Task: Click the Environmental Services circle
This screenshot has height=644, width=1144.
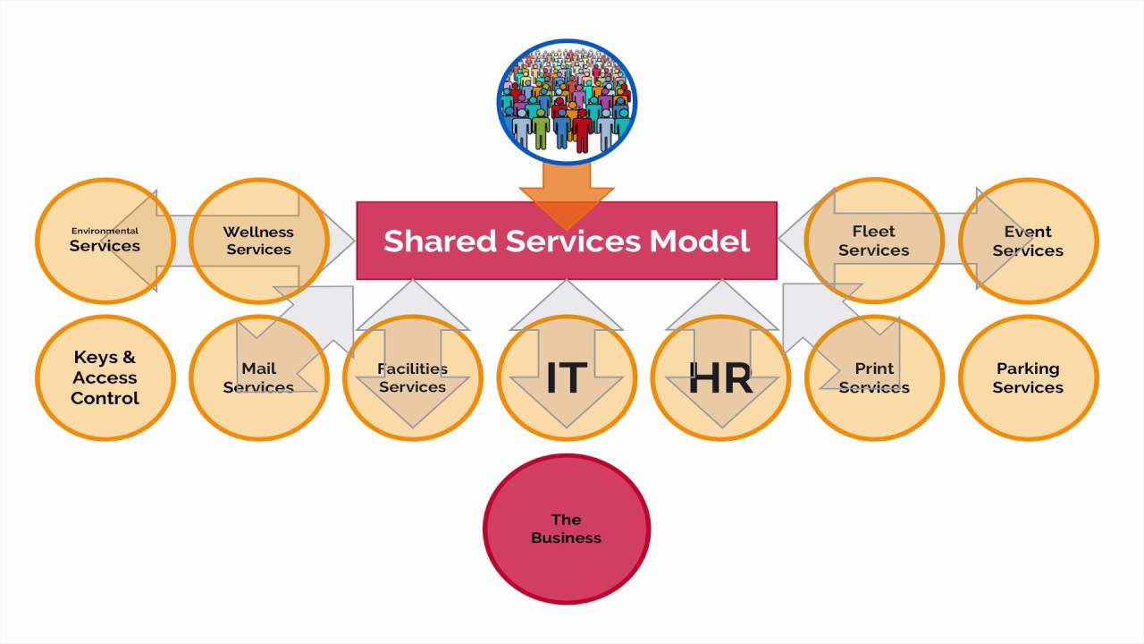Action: (x=105, y=241)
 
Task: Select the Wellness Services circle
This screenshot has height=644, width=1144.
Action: (x=258, y=241)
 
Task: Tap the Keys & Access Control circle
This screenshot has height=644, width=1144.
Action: (x=105, y=378)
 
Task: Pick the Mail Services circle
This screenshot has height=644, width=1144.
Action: (x=258, y=378)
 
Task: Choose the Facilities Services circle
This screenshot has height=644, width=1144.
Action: (x=412, y=378)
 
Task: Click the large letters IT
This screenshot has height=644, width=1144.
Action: (x=566, y=378)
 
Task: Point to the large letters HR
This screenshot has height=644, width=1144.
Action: (x=720, y=378)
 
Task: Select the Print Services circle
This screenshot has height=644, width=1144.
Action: (x=874, y=378)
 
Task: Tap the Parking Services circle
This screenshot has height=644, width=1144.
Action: (x=1028, y=378)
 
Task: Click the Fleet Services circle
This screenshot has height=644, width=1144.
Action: (x=874, y=241)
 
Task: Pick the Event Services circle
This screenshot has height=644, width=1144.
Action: (x=1028, y=241)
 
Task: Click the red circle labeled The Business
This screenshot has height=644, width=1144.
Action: (x=567, y=529)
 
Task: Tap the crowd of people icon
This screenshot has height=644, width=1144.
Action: (x=567, y=101)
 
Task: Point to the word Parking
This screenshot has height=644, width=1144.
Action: (x=1028, y=369)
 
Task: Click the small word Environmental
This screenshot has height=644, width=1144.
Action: (x=105, y=231)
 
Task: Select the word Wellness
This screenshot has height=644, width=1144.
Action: (x=258, y=232)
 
